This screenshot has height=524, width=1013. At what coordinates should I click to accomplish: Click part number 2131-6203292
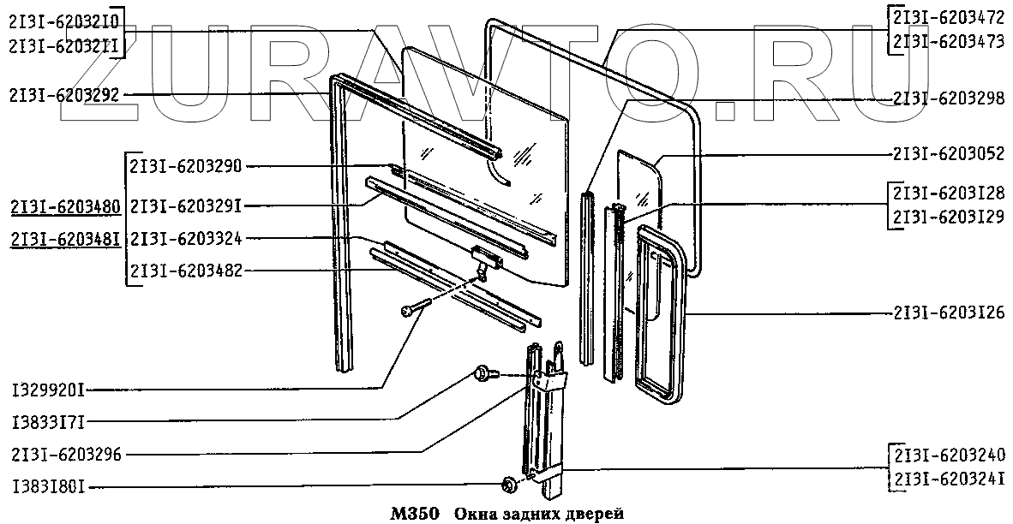(64, 95)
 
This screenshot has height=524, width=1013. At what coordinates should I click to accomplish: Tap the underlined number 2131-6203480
(65, 206)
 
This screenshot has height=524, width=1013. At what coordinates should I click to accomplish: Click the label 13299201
(47, 390)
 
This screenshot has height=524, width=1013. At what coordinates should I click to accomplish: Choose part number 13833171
(47, 421)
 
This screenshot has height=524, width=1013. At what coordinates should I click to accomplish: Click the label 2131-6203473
(949, 40)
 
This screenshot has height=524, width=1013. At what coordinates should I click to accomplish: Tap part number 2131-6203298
(949, 99)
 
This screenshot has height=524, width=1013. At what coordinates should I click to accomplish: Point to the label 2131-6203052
(949, 155)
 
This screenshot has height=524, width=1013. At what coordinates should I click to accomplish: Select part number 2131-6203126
(949, 312)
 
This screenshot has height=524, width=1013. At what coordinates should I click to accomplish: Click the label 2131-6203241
(949, 479)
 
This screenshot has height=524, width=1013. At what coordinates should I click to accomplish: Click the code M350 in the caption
(415, 514)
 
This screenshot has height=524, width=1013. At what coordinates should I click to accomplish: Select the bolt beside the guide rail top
(484, 373)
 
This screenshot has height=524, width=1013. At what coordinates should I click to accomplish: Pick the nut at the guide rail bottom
(506, 485)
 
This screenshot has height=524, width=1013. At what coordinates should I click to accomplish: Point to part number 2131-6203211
(64, 45)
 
